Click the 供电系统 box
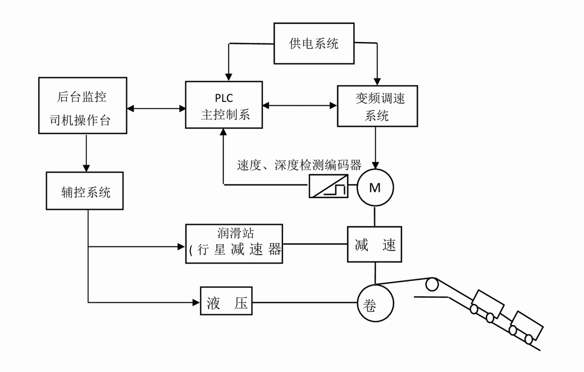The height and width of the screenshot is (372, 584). point(314,44)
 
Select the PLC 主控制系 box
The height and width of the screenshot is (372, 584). point(224,105)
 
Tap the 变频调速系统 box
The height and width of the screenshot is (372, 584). point(377,106)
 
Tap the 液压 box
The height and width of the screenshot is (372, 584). point(226,302)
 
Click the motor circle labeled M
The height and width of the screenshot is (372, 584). point(375,188)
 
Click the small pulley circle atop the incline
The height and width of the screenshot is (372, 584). point(432,284)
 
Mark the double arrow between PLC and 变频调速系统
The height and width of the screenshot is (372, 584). point(300,105)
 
